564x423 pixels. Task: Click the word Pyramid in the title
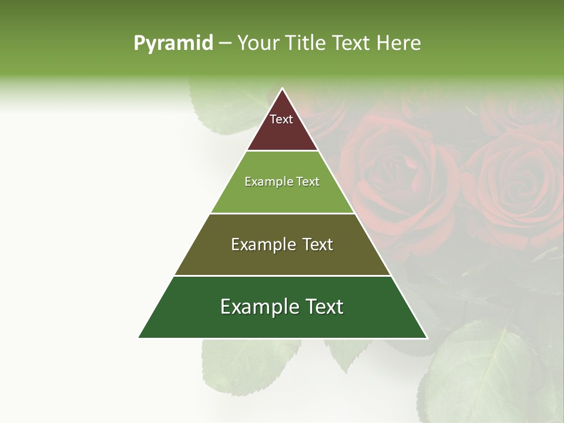click(x=173, y=43)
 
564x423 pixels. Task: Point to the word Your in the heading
click(x=257, y=43)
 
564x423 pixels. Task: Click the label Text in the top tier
click(x=281, y=119)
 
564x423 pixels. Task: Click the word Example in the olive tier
click(x=260, y=244)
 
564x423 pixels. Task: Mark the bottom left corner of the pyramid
click(x=139, y=337)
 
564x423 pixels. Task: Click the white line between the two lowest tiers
click(x=282, y=276)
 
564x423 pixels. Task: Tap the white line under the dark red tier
click(x=282, y=151)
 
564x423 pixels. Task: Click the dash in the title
click(x=224, y=43)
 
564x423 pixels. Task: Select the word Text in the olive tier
click(x=315, y=244)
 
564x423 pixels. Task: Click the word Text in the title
click(x=352, y=43)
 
